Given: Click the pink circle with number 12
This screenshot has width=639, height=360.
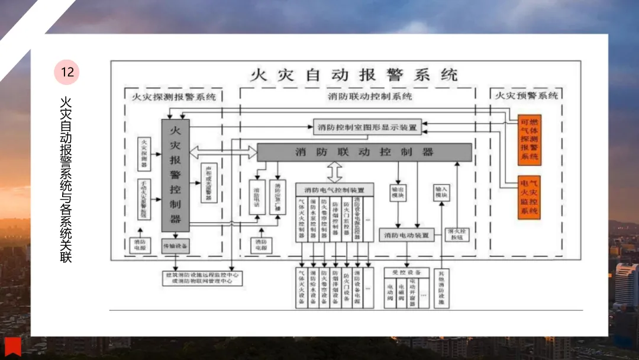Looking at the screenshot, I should click(x=67, y=72).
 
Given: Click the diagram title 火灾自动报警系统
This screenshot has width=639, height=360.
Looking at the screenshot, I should click(x=354, y=75).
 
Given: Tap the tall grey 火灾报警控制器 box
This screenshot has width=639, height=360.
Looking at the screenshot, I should click(x=175, y=175).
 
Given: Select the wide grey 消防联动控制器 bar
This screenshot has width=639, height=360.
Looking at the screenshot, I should click(x=364, y=152).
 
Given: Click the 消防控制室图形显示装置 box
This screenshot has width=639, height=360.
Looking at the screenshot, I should click(x=366, y=127).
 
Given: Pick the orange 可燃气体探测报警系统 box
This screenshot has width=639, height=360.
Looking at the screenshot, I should click(x=530, y=140).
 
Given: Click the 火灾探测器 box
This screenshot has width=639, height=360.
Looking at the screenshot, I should click(x=144, y=152).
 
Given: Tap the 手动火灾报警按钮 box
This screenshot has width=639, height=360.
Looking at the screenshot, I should click(x=144, y=199).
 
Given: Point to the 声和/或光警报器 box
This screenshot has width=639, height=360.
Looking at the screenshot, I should click(x=208, y=182).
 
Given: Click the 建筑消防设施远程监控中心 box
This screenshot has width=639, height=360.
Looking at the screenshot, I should click(x=202, y=278).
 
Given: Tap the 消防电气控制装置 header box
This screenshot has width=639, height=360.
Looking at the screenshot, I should click(x=335, y=190).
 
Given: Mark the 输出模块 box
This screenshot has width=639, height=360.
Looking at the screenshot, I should click(x=398, y=192).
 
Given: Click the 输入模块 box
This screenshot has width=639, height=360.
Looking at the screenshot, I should click(x=441, y=192).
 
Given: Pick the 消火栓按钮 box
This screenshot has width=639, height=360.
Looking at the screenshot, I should click(x=456, y=234).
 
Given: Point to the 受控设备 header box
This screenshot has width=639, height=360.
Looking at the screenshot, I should click(x=406, y=272).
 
